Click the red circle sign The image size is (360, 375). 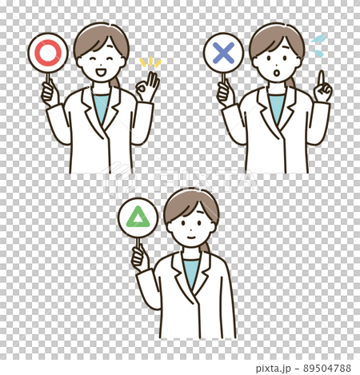pyautogui.click(x=48, y=52)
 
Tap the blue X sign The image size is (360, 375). pyautogui.click(x=223, y=53)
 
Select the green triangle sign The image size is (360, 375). pyautogui.click(x=138, y=217)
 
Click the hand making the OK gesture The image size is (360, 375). pyautogui.click(x=147, y=86)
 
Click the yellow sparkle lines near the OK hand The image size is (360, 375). pyautogui.click(x=150, y=62)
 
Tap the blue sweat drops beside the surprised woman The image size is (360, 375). pyautogui.click(x=318, y=45)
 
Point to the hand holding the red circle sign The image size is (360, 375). pyautogui.click(x=50, y=93)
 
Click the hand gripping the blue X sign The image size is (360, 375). pyautogui.click(x=224, y=93)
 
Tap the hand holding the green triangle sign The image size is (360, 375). pyautogui.click(x=139, y=257)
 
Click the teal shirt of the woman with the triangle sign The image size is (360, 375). pyautogui.click(x=191, y=269)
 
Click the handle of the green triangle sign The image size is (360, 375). pyautogui.click(x=138, y=242)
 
